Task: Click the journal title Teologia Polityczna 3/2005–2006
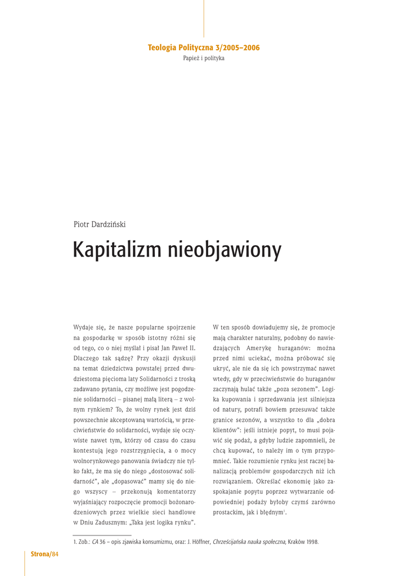pos(204,48)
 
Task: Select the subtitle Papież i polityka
pos(204,58)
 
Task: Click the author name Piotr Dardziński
pos(100,224)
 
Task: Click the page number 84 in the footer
pos(55,555)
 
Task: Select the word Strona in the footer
pos(41,555)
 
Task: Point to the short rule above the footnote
pos(102,535)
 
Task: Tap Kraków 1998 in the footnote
pos(304,542)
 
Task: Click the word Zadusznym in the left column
pos(116,523)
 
